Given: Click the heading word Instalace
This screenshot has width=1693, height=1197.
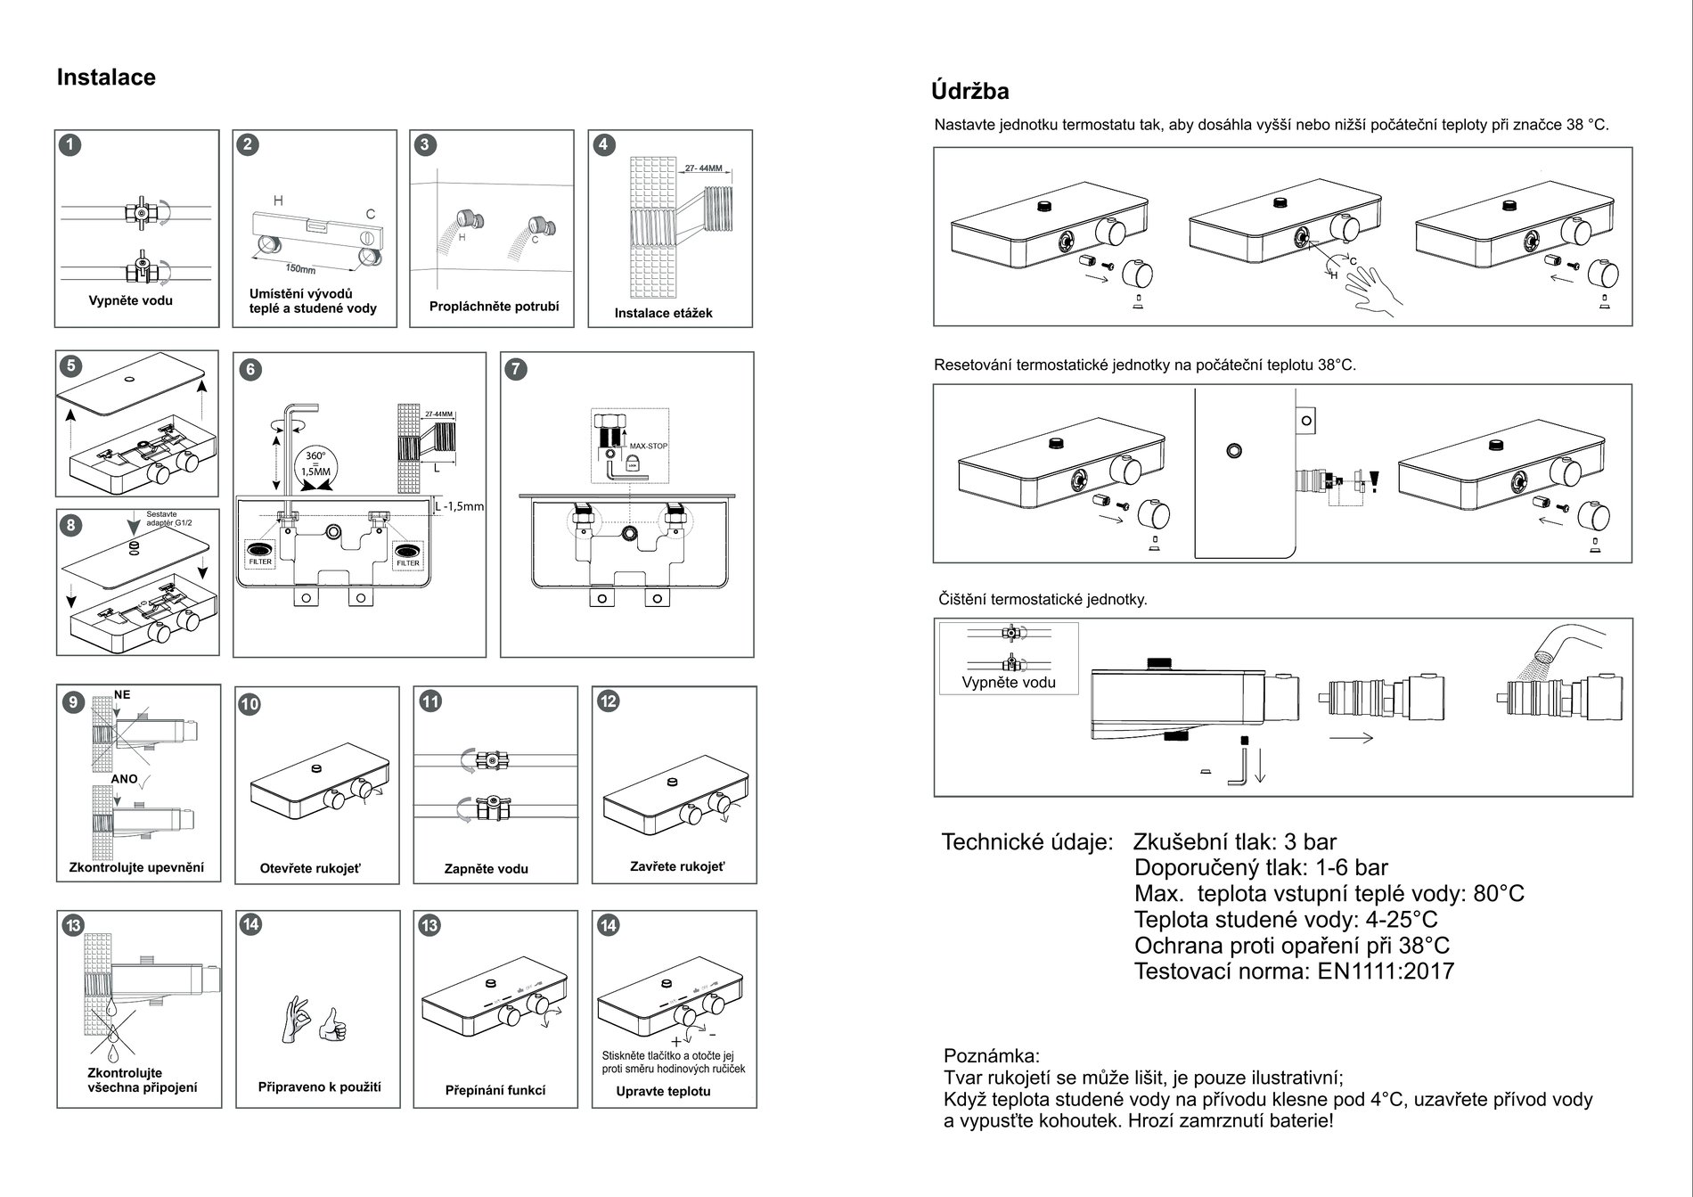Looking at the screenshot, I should (106, 78).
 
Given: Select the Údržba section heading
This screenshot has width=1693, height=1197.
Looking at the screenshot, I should (969, 91).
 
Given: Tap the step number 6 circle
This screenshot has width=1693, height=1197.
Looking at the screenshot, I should (250, 370).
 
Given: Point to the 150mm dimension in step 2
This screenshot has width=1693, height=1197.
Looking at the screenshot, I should (300, 268).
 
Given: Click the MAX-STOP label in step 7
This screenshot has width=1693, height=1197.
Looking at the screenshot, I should (649, 446).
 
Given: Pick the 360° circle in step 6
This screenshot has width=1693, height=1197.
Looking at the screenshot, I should (315, 464).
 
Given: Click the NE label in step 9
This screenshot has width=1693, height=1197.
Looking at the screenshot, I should (122, 694).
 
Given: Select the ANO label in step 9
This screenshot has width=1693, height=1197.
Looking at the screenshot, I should (124, 779).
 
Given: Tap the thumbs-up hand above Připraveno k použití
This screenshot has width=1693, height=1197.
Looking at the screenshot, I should (333, 1025).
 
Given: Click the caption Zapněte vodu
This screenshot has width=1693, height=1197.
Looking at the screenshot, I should (486, 869).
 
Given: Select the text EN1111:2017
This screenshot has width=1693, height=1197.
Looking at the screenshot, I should (1386, 972).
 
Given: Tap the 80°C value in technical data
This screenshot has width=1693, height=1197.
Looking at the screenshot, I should (1499, 894).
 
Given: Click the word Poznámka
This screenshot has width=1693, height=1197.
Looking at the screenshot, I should (991, 1057).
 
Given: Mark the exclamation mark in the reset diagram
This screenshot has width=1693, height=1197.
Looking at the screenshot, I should (1375, 481).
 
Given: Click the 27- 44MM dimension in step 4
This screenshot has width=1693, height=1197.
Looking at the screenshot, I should (704, 168).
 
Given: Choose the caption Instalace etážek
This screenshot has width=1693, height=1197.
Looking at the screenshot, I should (663, 314).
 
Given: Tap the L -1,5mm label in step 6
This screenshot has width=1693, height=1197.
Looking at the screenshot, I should (459, 507).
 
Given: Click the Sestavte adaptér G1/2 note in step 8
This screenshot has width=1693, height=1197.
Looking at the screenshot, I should (169, 518).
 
